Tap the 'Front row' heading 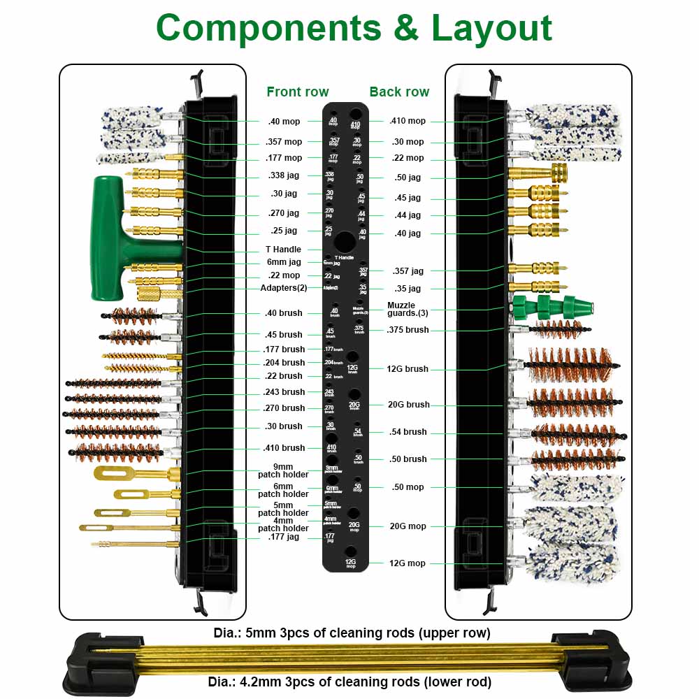point(297,92)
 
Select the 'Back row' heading point(399,92)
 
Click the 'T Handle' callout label point(283,250)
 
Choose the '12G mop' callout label point(408,563)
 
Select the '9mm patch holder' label point(283,470)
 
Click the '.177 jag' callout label point(283,537)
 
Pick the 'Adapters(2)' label point(283,288)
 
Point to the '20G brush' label point(409,405)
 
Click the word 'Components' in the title point(269,28)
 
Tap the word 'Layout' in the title point(491,28)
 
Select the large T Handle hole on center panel point(344,243)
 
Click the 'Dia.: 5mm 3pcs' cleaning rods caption point(352,633)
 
